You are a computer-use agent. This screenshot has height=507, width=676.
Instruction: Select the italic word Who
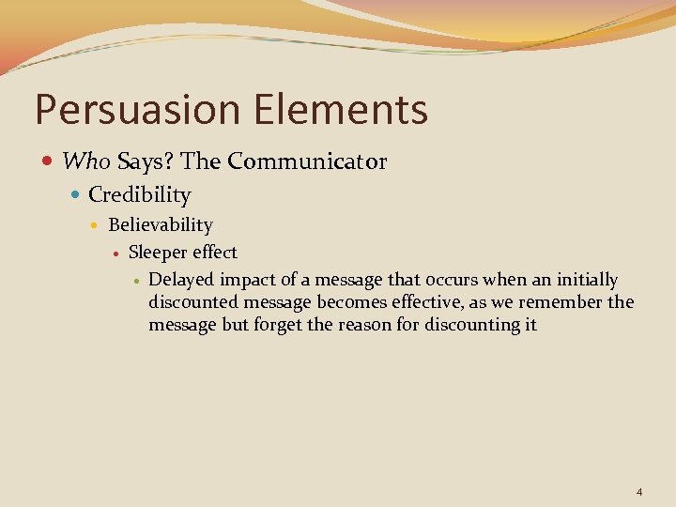pyautogui.click(x=87, y=161)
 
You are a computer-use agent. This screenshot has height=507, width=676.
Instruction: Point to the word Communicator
pyautogui.click(x=306, y=161)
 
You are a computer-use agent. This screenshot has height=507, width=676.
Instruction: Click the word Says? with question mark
pyautogui.click(x=146, y=161)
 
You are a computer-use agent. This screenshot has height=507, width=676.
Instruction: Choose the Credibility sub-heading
pyautogui.click(x=139, y=195)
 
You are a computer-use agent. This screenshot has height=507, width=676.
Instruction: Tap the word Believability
pyautogui.click(x=161, y=225)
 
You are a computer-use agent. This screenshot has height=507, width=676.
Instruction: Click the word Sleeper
pyautogui.click(x=158, y=253)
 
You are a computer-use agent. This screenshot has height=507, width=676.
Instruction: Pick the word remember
pyautogui.click(x=566, y=302)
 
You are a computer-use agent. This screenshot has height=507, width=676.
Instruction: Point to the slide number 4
pyautogui.click(x=639, y=492)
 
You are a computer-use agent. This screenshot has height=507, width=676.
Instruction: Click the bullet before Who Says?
pyautogui.click(x=48, y=162)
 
